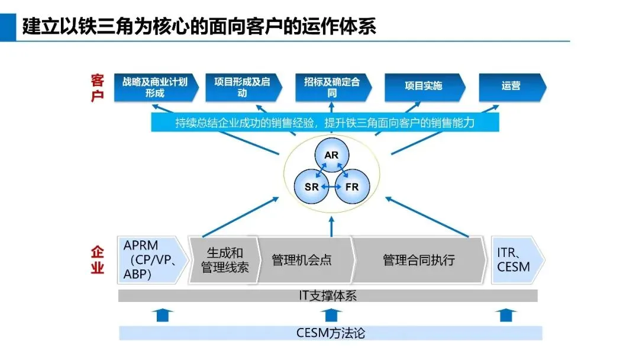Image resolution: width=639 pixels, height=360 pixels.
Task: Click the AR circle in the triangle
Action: pos(331,155)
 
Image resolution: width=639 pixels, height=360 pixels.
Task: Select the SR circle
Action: pos(312,187)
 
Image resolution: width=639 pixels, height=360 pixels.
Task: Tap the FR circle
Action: pos(351,187)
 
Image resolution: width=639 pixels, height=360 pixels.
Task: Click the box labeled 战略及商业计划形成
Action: pos(155,87)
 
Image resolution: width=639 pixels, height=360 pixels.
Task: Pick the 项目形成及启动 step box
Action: pos(242,87)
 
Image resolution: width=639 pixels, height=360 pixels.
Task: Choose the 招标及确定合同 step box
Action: pos(332,87)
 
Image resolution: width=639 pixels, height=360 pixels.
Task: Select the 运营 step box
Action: pos(511,86)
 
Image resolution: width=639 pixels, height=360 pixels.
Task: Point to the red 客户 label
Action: pos(98,88)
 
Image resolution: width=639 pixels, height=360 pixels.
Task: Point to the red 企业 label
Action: pos(98,261)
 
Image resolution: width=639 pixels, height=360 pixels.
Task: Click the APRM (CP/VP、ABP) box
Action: pos(151,260)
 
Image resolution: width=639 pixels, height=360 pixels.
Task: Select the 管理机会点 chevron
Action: pos(302,260)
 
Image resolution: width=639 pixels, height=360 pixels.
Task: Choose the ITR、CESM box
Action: pos(515,260)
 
